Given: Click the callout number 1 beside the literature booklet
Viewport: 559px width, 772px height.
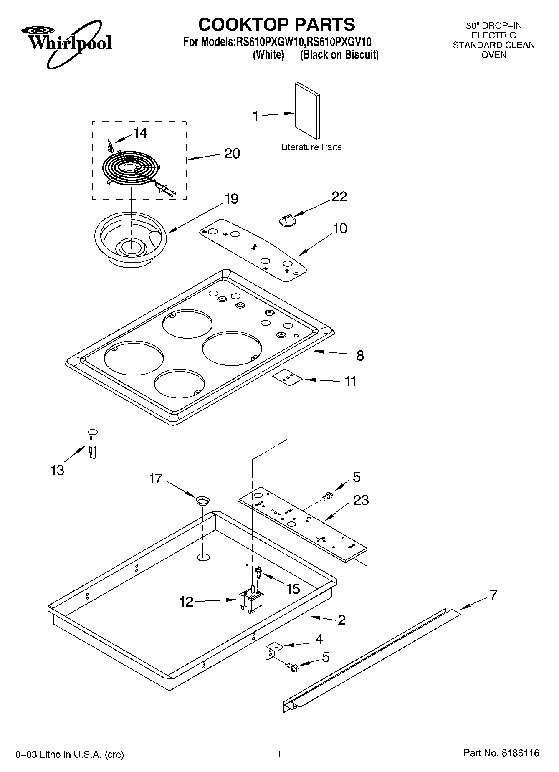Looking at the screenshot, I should [256, 116].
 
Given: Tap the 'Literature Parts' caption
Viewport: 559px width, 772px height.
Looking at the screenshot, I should [311, 147].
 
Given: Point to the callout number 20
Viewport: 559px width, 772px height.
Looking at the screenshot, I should [232, 154].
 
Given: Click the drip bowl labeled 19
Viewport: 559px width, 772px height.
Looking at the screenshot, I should [130, 242].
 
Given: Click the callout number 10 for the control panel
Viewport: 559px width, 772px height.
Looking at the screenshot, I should [340, 228].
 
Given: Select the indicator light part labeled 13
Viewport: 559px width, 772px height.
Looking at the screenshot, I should [92, 443].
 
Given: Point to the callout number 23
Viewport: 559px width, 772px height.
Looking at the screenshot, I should [361, 500].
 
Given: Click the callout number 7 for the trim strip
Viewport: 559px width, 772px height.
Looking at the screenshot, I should [493, 594].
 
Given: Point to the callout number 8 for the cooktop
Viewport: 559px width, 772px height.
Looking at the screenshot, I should [360, 355].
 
